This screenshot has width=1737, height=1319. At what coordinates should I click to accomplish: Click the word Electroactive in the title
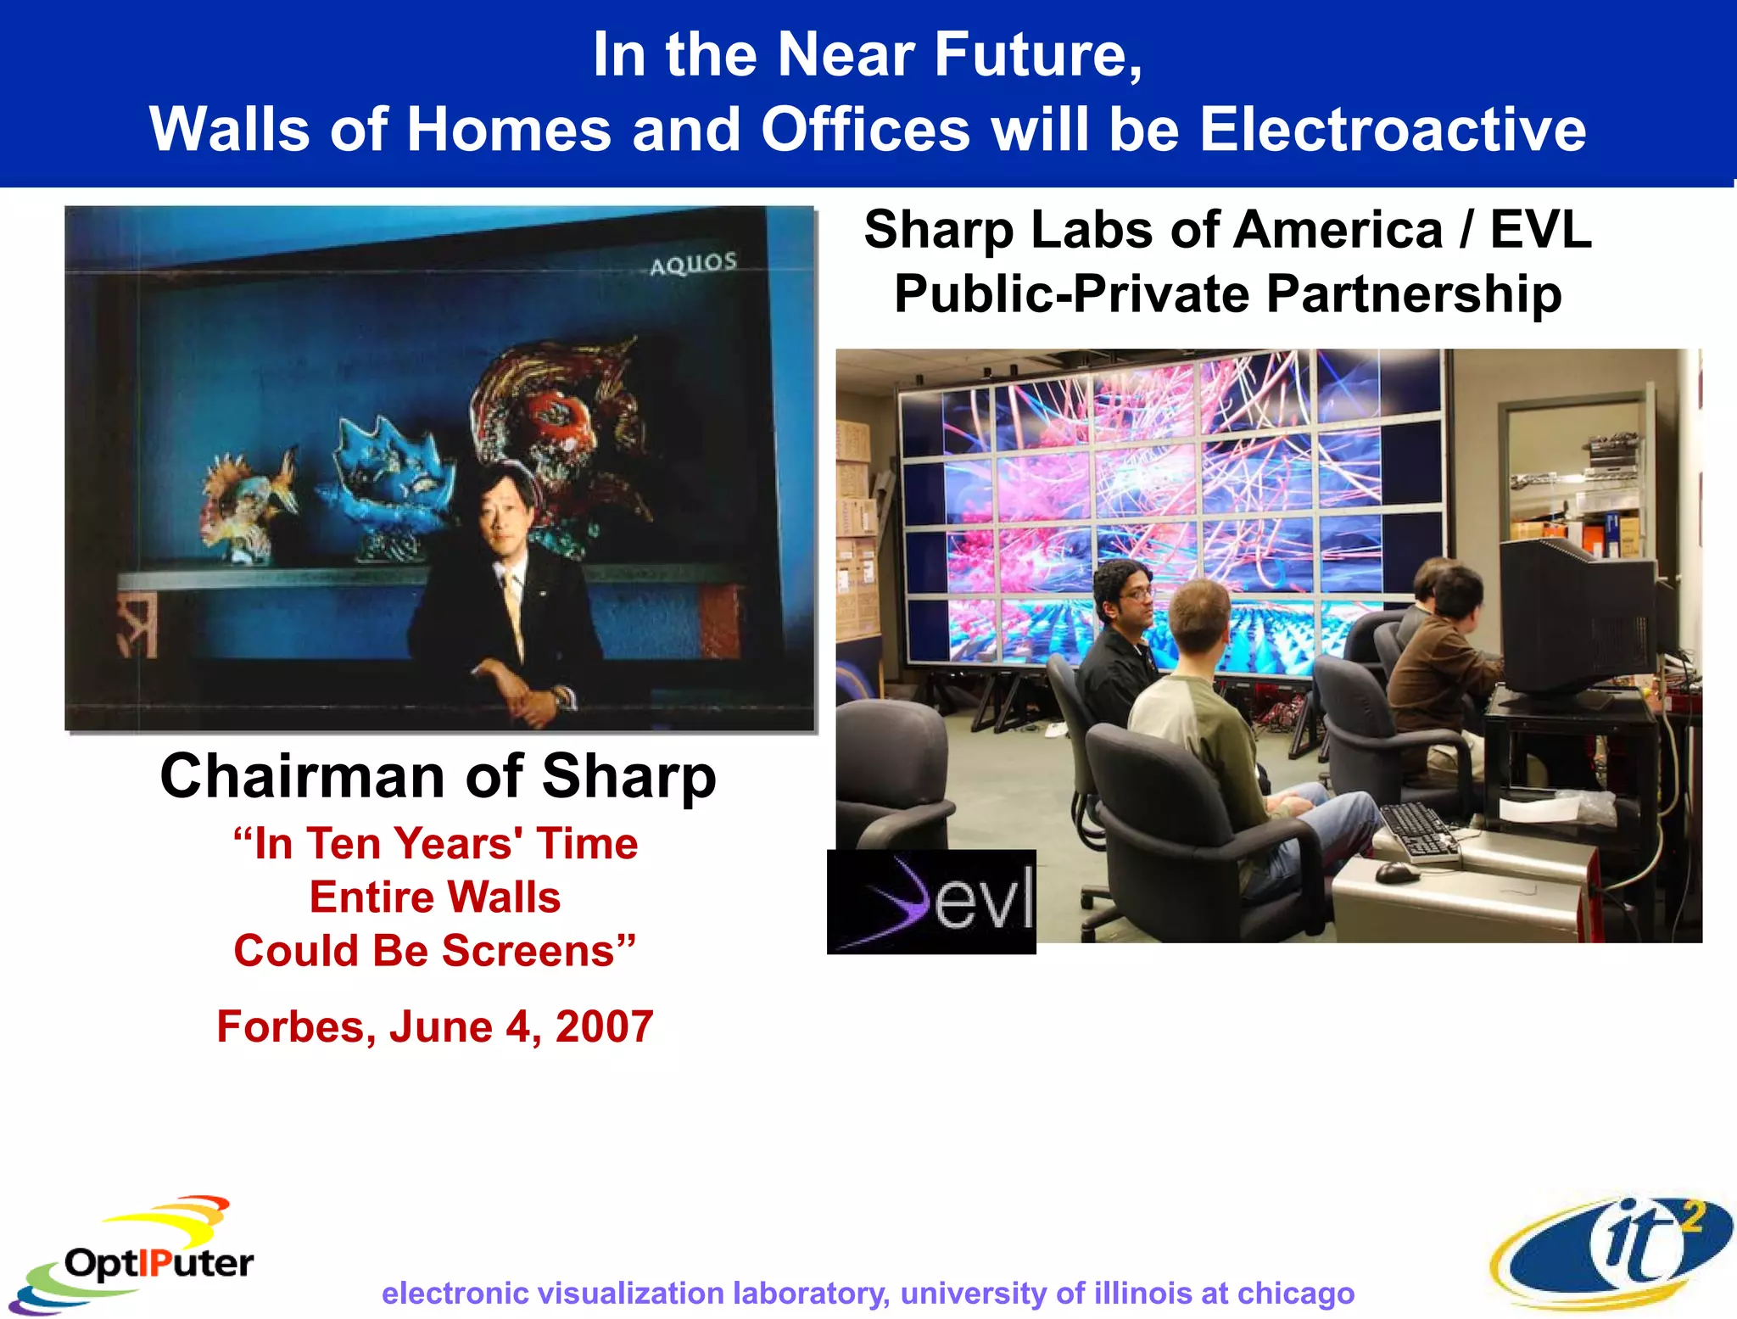[x=1391, y=130]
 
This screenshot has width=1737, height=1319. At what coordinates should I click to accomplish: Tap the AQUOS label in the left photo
[x=693, y=264]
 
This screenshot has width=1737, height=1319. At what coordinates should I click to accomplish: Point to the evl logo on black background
[x=931, y=902]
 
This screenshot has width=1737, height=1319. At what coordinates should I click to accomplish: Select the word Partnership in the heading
[x=1413, y=294]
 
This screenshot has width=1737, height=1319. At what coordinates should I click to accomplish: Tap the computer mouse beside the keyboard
[x=1396, y=871]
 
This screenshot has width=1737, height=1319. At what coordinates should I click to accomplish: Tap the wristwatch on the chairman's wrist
[x=561, y=698]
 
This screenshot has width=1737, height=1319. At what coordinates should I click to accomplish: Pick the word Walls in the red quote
[x=504, y=897]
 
